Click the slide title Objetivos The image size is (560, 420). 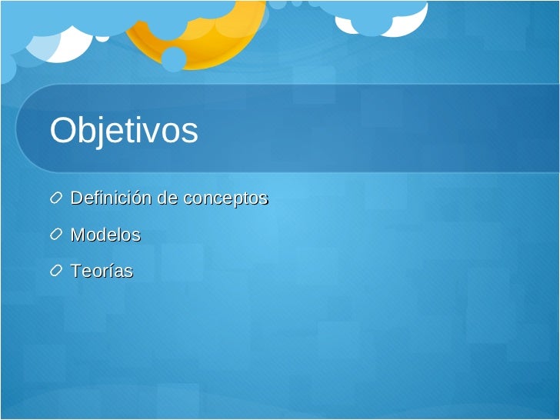tap(124, 132)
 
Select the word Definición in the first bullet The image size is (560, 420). tap(111, 198)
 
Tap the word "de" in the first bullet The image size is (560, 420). tap(167, 198)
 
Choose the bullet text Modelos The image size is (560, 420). tap(105, 235)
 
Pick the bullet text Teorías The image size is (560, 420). tap(102, 272)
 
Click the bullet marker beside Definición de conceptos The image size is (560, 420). tap(57, 198)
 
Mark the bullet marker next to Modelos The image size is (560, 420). tap(57, 235)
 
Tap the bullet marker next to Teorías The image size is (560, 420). tap(57, 272)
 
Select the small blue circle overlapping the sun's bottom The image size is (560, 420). tap(174, 58)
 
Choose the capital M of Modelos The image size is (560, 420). tap(78, 235)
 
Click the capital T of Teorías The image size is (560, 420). tap(75, 272)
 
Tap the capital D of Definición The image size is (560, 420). tap(77, 198)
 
